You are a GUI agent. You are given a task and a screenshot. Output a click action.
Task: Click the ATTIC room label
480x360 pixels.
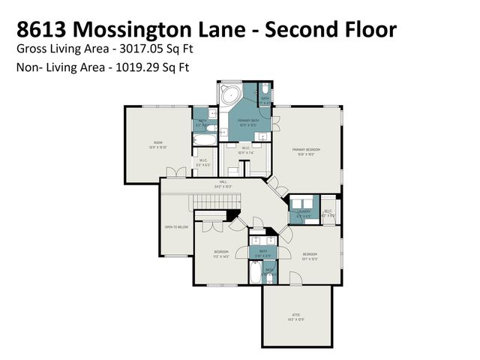pos(296,315)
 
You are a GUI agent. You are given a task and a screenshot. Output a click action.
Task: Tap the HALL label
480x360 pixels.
pos(223,182)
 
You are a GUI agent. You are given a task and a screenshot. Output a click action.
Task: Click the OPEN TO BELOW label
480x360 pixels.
pos(175,226)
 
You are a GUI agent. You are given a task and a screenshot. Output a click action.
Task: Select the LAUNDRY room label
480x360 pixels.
pos(304,211)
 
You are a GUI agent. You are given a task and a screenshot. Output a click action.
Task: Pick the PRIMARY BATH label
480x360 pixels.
pos(250,120)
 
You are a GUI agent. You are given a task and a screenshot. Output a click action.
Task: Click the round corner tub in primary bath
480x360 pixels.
pos(229,97)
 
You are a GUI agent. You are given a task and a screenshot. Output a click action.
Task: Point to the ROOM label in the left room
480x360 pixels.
pos(158,142)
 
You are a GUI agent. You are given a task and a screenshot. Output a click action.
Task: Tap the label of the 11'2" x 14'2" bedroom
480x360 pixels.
pos(220,252)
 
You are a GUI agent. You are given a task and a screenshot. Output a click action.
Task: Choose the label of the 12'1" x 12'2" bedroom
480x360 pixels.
pos(310,255)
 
